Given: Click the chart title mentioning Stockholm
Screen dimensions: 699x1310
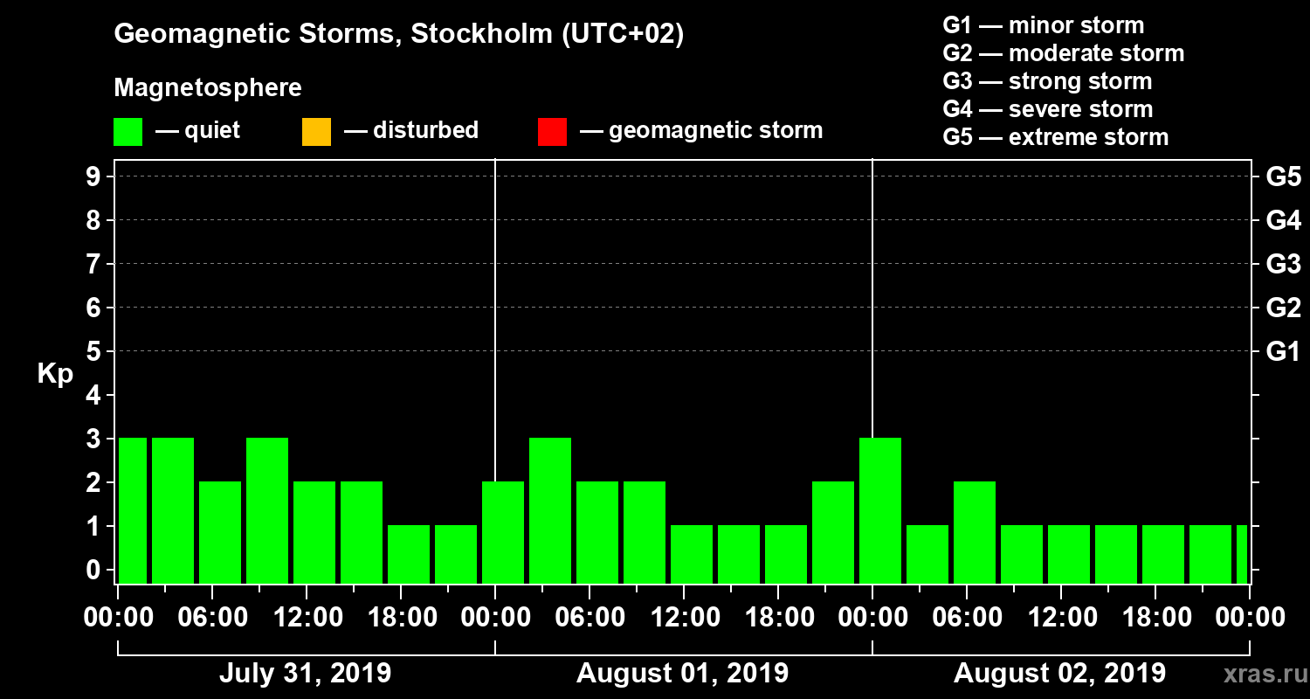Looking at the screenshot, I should point(398,34).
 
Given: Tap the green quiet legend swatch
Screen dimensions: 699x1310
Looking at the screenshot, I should point(128,132).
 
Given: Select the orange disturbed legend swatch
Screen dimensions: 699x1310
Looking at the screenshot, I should point(316,132).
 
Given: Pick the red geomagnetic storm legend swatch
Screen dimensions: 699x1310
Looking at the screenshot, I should point(552,132).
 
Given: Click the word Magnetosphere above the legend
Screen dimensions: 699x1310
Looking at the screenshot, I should point(208,88).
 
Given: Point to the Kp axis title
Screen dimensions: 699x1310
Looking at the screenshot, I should point(55,373).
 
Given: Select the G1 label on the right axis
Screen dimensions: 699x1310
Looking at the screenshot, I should point(1283,352).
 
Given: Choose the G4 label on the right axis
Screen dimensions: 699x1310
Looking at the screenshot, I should point(1283,220).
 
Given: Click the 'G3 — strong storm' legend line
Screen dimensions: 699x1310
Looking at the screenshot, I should point(1047,81).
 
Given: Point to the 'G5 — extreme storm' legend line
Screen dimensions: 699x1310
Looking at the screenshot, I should point(1055,137).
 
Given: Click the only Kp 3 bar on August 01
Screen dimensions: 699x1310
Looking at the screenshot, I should point(550,509).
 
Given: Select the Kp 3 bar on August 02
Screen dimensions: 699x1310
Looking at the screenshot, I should point(880,509).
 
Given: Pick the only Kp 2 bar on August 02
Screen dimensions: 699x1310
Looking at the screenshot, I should point(975,531).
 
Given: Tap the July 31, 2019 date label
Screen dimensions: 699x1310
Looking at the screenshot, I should point(305,674).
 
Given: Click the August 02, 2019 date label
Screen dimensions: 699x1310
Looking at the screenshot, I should point(1059,674).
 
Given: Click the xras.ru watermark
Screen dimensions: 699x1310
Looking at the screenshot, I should point(1260,674).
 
